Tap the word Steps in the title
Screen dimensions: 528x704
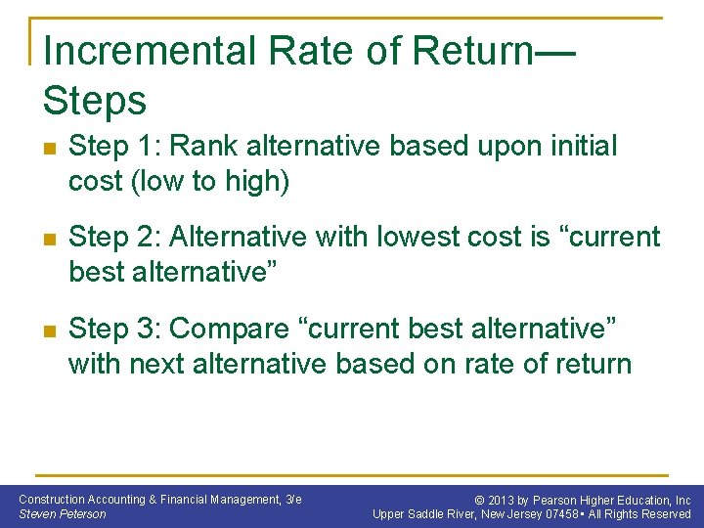95,100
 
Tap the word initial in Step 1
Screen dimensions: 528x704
575,147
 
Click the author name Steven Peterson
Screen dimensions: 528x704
63,513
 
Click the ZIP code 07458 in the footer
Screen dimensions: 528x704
565,514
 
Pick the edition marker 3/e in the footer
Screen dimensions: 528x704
292,499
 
